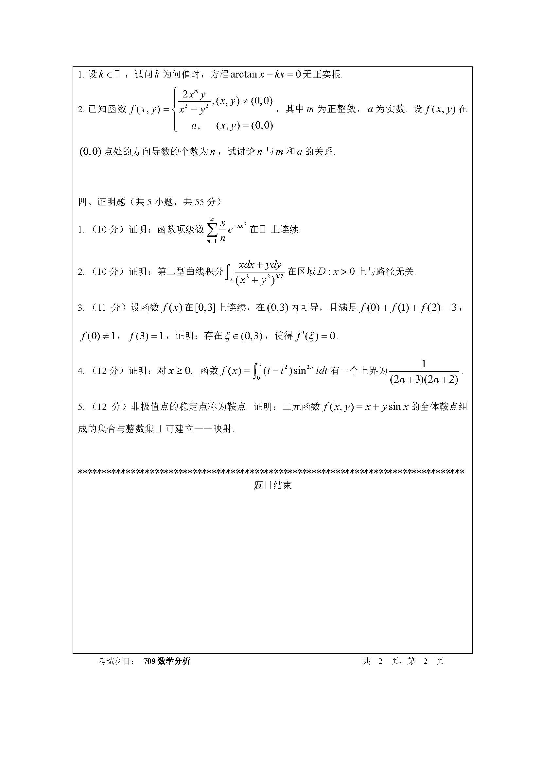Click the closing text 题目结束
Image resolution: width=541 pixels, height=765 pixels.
(x=272, y=485)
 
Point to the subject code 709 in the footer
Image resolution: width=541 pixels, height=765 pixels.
(x=149, y=661)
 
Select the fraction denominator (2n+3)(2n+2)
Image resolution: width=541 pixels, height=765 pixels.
(x=424, y=379)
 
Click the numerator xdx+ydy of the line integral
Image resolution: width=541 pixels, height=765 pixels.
(x=260, y=265)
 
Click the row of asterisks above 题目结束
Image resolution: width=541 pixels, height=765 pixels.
(x=270, y=472)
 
